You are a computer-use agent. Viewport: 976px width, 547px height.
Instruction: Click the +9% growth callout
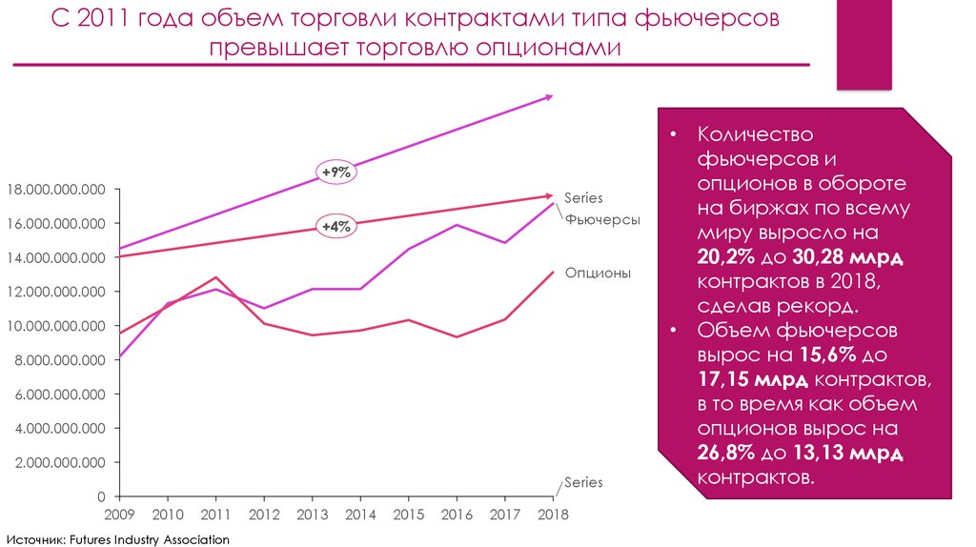[x=337, y=172]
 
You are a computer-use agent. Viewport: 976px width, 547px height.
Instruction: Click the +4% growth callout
[x=337, y=227]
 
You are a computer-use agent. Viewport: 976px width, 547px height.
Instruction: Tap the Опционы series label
[x=598, y=273]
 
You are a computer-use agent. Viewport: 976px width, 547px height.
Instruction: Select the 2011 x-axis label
[x=215, y=515]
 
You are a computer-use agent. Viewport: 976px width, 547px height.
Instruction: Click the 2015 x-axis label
[x=408, y=515]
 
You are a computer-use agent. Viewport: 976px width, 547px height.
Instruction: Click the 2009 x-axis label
[x=119, y=515]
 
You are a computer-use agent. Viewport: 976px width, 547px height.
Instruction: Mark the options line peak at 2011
[x=216, y=277]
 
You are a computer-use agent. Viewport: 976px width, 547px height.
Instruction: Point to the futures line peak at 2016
[x=457, y=225]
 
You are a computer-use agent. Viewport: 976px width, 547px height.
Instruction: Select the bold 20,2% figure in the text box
[x=723, y=258]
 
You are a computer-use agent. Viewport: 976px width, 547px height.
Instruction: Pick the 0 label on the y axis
[x=102, y=496]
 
